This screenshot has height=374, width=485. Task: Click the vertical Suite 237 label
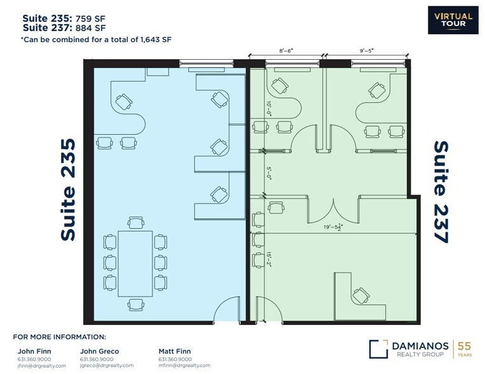pos(441,192)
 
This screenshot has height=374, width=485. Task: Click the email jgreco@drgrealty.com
pos(107,366)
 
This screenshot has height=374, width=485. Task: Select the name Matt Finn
pos(174,350)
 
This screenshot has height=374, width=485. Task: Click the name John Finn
pos(31,350)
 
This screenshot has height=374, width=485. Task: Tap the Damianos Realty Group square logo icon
pos(378,349)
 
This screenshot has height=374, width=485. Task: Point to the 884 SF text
pos(91,27)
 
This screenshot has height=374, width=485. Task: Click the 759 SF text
pos(91,18)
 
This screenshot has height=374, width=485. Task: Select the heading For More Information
pos(59,336)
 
